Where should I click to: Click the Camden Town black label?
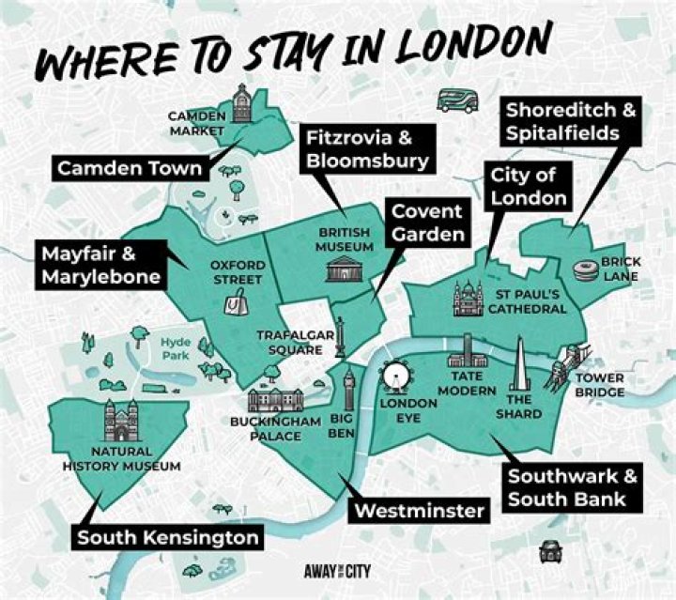pyautogui.click(x=130, y=169)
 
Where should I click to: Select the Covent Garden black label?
pyautogui.click(x=426, y=222)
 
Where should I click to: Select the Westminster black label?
pyautogui.click(x=420, y=511)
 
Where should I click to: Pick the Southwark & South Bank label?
pyautogui.click(x=565, y=486)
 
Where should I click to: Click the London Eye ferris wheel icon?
pyautogui.click(x=396, y=378)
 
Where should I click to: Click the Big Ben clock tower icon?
pyautogui.click(x=348, y=394)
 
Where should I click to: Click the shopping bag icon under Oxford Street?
pyautogui.click(x=237, y=302)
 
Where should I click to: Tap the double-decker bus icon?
pyautogui.click(x=458, y=100)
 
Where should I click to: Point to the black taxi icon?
pyautogui.click(x=550, y=550)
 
